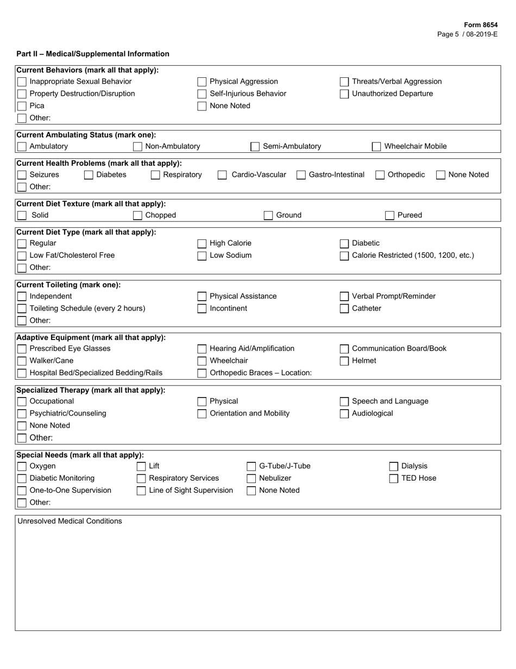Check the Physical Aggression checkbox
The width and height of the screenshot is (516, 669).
pyautogui.click(x=202, y=82)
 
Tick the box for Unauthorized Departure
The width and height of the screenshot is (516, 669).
pyautogui.click(x=344, y=94)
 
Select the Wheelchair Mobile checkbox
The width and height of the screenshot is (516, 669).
pyautogui.click(x=376, y=146)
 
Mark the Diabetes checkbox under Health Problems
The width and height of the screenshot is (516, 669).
pyautogui.click(x=89, y=175)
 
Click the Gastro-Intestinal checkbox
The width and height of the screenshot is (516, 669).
pyautogui.click(x=301, y=175)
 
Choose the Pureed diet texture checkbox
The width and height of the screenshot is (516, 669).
pyautogui.click(x=389, y=215)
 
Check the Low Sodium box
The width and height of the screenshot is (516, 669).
pyautogui.click(x=202, y=256)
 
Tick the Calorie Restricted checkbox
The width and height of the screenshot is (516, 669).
pyautogui.click(x=344, y=256)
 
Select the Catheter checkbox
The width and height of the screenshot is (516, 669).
pyautogui.click(x=344, y=309)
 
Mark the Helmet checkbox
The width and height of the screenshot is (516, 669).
pyautogui.click(x=344, y=361)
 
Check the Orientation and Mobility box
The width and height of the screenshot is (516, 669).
pyautogui.click(x=202, y=414)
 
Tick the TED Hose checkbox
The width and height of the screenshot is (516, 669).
pyautogui.click(x=394, y=479)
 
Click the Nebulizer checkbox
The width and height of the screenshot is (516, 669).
pyautogui.click(x=251, y=479)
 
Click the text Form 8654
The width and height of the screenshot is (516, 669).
pyautogui.click(x=480, y=25)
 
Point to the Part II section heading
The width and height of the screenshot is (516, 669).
pyautogui.click(x=93, y=54)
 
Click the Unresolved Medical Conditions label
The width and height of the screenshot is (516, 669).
pyautogui.click(x=70, y=521)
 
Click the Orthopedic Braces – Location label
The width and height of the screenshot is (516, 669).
pyautogui.click(x=261, y=373)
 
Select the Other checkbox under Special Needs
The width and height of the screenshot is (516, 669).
pyautogui.click(x=22, y=503)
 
